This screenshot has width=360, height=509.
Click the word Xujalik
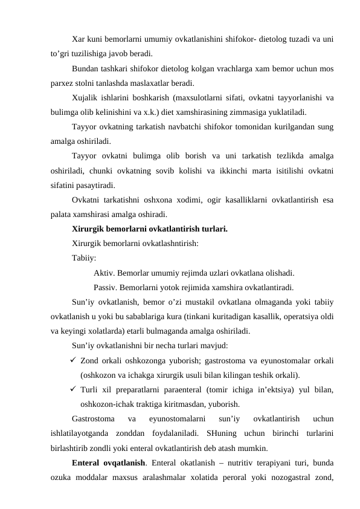[85, 97]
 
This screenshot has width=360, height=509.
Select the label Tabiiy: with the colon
[83, 258]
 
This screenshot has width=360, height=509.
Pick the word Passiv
[107, 287]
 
